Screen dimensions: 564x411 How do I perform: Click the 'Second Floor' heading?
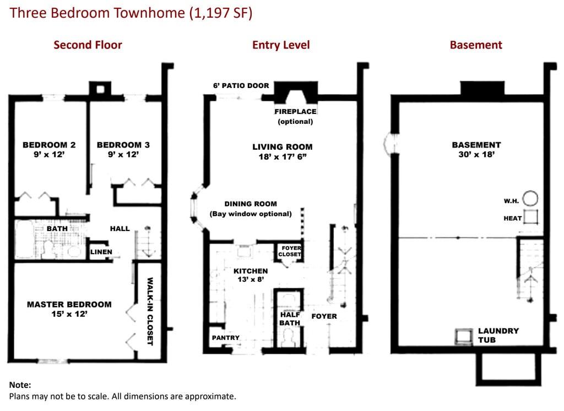click(88, 45)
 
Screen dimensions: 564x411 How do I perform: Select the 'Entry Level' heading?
click(281, 45)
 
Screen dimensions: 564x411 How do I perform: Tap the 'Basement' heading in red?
click(476, 45)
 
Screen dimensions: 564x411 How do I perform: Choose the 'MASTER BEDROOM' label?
click(69, 304)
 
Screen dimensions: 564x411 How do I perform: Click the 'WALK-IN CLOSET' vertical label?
click(150, 311)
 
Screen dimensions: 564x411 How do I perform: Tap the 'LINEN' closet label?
click(101, 252)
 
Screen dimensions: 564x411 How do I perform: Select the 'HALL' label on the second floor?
click(120, 228)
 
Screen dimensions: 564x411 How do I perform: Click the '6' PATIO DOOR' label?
click(241, 85)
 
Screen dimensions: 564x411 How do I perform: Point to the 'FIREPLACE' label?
click(295, 111)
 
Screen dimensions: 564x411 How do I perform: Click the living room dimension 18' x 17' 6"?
click(283, 157)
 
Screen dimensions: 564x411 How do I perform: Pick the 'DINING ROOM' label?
click(251, 204)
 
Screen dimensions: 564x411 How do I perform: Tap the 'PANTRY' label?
click(225, 338)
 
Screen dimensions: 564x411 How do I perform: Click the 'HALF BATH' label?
click(290, 319)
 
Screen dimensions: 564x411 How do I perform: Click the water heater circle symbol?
click(530, 198)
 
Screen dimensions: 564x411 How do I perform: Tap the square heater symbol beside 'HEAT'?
click(530, 217)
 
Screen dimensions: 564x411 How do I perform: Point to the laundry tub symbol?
click(464, 337)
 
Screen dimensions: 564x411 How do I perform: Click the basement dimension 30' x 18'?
click(476, 155)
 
